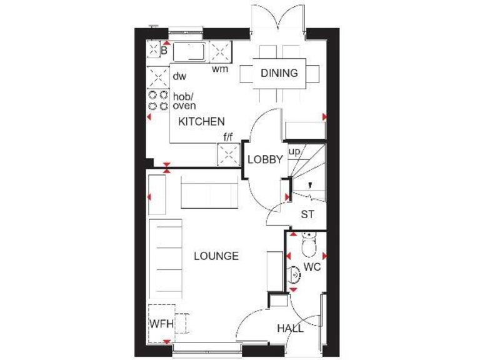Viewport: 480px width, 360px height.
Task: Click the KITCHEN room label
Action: coord(201,121)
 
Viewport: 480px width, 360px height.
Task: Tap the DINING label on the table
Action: coord(279,73)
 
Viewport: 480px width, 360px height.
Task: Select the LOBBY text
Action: coord(266,159)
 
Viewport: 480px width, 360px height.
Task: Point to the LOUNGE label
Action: coord(216,256)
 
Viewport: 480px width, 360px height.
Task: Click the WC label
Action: coord(312,267)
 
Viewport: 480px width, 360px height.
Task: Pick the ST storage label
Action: coord(307,214)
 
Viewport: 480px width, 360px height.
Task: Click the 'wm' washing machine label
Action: coord(219,69)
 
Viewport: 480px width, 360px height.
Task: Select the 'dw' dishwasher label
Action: coord(180,76)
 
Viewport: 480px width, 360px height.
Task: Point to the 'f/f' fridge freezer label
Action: coord(229,136)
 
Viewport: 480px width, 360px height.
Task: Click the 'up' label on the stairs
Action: coord(294,151)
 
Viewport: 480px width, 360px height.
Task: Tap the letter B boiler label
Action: coord(164,49)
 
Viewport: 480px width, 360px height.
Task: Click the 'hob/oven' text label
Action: coord(184,101)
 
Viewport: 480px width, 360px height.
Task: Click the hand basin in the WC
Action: coord(296,274)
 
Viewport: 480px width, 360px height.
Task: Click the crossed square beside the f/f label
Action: coord(228,154)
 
